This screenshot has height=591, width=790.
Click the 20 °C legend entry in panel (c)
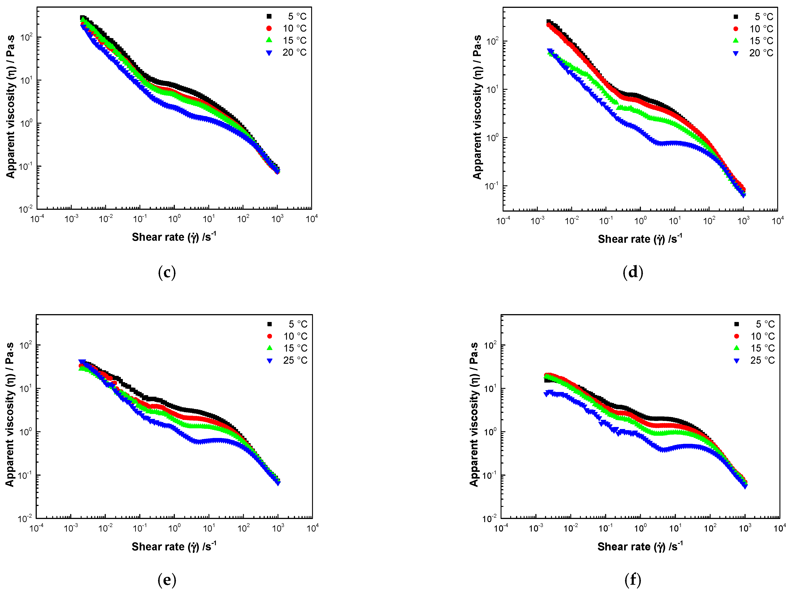tap(294, 53)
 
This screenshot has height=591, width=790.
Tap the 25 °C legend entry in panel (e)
tap(295, 360)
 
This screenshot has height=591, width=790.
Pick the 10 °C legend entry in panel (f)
tap(762, 336)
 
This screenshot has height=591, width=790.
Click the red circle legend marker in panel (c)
tap(269, 28)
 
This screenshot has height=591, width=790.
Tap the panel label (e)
tap(167, 580)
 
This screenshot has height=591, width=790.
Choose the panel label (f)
tap(633, 580)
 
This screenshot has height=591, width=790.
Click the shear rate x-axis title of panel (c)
tap(174, 237)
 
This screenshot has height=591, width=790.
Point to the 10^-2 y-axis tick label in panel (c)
tap(26, 209)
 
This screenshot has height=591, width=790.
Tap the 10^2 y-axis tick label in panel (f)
tap(490, 345)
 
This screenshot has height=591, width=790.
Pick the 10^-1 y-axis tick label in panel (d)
tap(491, 186)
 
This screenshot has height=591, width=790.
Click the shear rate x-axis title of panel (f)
tap(640, 546)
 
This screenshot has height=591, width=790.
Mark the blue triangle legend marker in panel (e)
tap(270, 361)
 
